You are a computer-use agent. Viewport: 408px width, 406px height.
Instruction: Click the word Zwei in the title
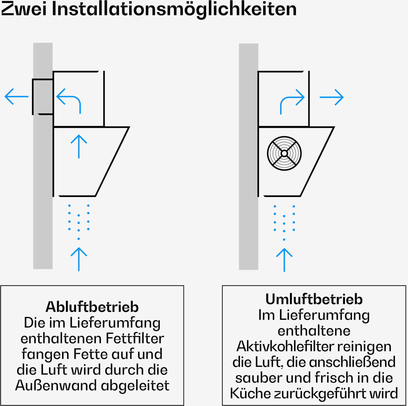pyautogui.click(x=24, y=9)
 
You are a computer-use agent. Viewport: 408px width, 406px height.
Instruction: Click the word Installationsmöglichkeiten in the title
pyautogui.click(x=174, y=10)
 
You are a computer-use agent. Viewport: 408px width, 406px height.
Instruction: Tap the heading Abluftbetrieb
pyautogui.click(x=92, y=307)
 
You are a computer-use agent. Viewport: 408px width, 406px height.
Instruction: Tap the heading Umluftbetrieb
pyautogui.click(x=314, y=299)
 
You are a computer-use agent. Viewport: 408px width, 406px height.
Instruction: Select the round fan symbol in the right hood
pyautogui.click(x=284, y=153)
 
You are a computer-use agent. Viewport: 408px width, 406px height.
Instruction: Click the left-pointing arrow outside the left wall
pyautogui.click(x=17, y=96)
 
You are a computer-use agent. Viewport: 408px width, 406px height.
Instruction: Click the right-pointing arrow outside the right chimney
pyautogui.click(x=332, y=97)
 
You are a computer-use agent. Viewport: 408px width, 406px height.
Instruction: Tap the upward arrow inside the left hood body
pyautogui.click(x=79, y=146)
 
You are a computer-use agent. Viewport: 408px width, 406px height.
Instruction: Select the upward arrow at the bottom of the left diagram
pyautogui.click(x=79, y=259)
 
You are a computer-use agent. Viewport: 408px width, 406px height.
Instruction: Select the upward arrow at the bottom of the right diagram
pyautogui.click(x=284, y=260)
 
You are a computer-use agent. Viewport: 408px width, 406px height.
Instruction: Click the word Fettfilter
pyautogui.click(x=135, y=338)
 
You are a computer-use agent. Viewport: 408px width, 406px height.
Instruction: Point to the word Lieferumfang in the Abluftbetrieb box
pyautogui.click(x=115, y=323)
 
